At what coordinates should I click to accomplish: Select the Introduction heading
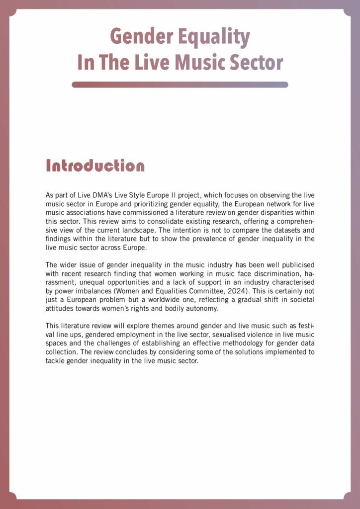pos(95,166)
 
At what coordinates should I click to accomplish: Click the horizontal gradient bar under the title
pos(180,85)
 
